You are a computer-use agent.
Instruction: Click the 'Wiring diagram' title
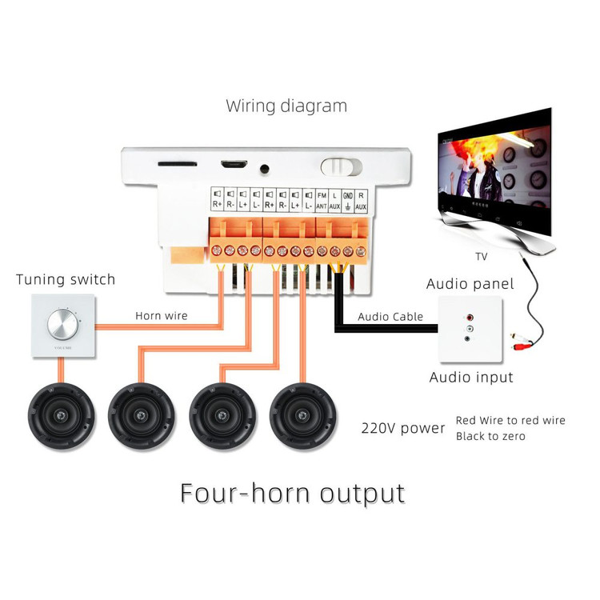286,106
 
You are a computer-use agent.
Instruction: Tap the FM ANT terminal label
322,200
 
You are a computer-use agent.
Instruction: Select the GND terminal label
347,200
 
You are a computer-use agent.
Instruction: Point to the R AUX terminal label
361,200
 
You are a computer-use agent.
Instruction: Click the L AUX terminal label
334,200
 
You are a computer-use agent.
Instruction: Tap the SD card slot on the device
178,163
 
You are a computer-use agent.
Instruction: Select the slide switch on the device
340,166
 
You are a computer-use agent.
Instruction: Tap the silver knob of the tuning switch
62,325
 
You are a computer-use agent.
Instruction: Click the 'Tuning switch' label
66,280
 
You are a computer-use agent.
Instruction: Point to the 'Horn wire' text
161,316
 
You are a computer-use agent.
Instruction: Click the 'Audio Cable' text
390,317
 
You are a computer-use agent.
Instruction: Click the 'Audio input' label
470,377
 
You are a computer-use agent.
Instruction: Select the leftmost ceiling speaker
62,418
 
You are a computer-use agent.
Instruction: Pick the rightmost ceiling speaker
302,418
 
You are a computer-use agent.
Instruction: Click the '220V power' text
402,428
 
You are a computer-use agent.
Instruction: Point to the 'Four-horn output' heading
292,491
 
